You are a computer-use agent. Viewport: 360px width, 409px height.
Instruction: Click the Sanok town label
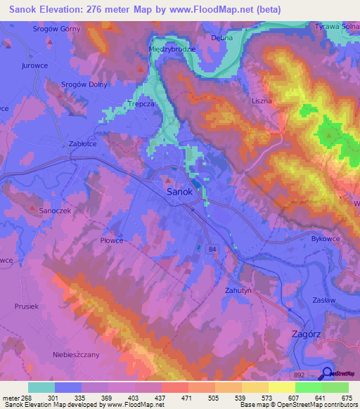pyautogui.click(x=180, y=191)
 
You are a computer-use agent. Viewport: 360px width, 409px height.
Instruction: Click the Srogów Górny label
pyautogui.click(x=58, y=30)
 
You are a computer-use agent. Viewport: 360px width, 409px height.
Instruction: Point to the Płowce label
pyautogui.click(x=112, y=240)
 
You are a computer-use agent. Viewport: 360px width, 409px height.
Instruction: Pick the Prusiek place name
pyautogui.click(x=27, y=306)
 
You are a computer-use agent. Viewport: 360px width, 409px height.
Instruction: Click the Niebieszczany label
pyautogui.click(x=77, y=354)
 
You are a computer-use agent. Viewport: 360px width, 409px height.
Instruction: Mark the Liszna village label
pyautogui.click(x=262, y=101)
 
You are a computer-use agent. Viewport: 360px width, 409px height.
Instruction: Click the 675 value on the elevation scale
pyautogui.click(x=347, y=397)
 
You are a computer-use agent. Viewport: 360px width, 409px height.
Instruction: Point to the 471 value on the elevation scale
pyautogui.click(x=186, y=397)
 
